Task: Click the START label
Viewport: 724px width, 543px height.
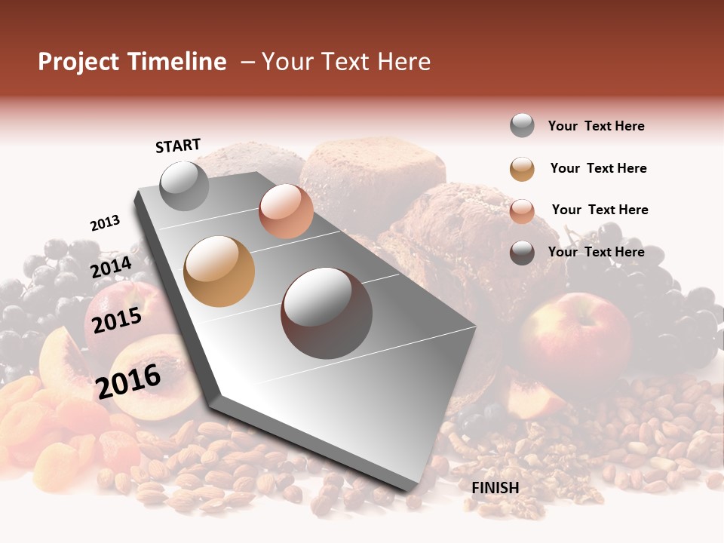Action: click(178, 146)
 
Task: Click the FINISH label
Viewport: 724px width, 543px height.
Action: click(495, 488)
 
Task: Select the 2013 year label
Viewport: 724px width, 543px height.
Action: click(105, 222)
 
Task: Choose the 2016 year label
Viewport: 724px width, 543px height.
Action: click(128, 380)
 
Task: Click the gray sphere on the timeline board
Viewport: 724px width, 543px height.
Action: click(184, 186)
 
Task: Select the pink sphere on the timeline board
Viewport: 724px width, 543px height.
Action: click(286, 211)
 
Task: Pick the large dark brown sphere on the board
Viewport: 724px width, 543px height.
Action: click(327, 313)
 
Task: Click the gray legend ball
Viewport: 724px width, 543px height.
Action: click(522, 126)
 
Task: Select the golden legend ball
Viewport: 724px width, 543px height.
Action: click(522, 169)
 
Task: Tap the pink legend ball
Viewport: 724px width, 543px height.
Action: click(522, 211)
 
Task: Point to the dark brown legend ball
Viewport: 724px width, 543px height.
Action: click(522, 253)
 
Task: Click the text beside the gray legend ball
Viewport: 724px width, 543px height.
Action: click(596, 127)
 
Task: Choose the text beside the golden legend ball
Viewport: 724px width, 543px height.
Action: click(598, 168)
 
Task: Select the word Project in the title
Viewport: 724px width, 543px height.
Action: click(78, 62)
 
